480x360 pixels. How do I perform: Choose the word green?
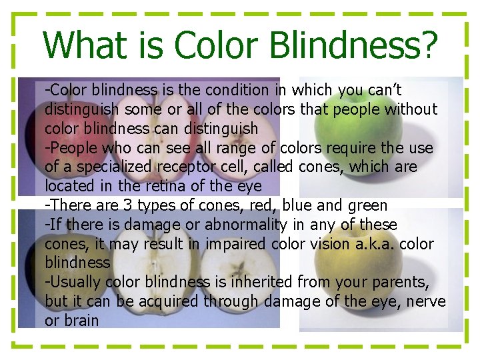pos(365,205)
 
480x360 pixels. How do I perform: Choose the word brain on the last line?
pos(81,321)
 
